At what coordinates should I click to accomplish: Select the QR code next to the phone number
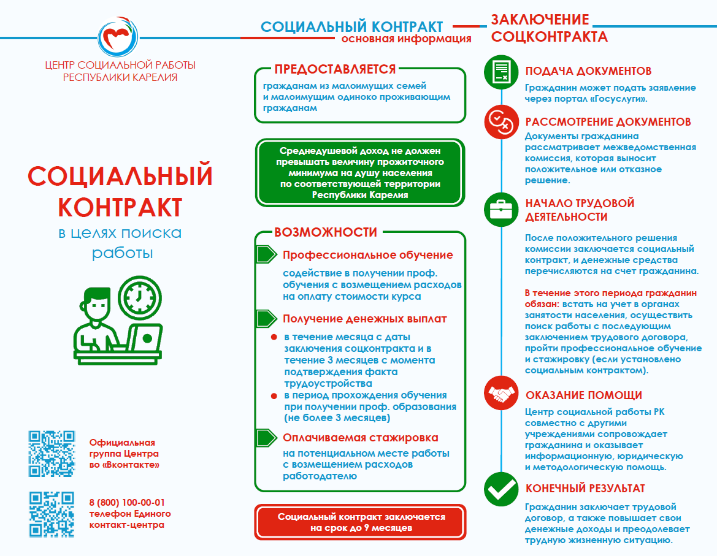pyautogui.click(x=52, y=514)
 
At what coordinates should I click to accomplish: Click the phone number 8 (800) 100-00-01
pyautogui.click(x=127, y=501)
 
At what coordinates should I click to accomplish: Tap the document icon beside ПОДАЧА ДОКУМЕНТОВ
pyautogui.click(x=501, y=72)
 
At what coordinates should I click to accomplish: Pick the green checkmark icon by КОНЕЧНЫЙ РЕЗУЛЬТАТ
pyautogui.click(x=501, y=489)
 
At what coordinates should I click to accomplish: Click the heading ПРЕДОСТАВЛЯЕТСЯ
pyautogui.click(x=335, y=69)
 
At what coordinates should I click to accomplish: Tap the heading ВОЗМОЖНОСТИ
pyautogui.click(x=326, y=232)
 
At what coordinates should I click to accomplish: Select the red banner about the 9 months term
pyautogui.click(x=361, y=522)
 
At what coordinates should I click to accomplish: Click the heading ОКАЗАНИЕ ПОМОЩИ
pyautogui.click(x=583, y=395)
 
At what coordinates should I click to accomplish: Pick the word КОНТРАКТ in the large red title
pyautogui.click(x=120, y=207)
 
